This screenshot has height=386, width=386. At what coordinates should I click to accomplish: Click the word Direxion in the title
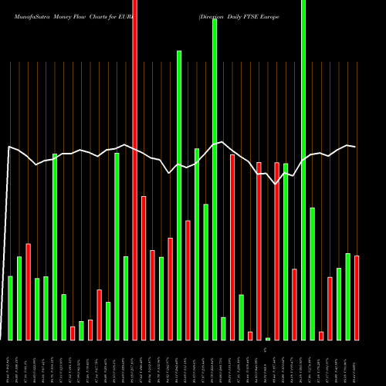point(215,15)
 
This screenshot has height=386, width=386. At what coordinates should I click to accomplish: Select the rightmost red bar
point(357,297)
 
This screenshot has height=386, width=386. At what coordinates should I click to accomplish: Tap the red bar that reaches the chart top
point(135,170)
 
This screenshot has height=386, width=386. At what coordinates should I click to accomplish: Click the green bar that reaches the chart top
point(303,170)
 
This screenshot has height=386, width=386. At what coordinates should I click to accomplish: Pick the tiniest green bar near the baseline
point(268,339)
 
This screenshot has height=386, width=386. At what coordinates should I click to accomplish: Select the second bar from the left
point(19,298)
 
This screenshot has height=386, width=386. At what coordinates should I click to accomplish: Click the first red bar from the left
point(29,292)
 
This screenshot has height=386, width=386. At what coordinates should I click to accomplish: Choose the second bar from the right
point(347,296)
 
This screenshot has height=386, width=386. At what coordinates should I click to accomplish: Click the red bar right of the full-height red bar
point(144,268)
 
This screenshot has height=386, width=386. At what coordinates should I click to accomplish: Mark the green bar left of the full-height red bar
point(126,298)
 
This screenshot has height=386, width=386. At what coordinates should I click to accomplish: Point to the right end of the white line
point(355,146)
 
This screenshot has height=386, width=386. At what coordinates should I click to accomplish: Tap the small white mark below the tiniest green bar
point(267,350)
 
